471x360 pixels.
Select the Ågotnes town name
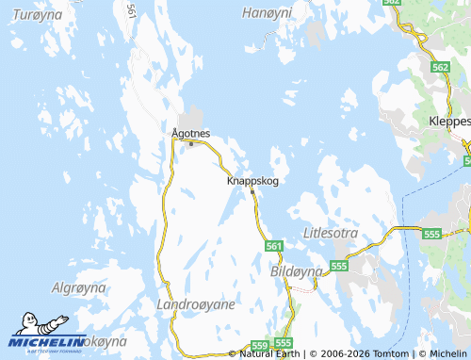tap(191, 133)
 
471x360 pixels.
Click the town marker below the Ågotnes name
tap(191, 144)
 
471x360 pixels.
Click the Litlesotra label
tap(333, 232)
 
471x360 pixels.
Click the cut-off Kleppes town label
tap(449, 123)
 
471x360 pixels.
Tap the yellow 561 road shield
tap(274, 246)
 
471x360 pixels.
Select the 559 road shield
tap(260, 345)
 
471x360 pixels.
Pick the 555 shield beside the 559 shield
tap(284, 343)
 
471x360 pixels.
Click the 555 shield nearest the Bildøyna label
tap(339, 267)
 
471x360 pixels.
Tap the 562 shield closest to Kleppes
tap(440, 67)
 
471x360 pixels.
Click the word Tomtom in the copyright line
tap(392, 353)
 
